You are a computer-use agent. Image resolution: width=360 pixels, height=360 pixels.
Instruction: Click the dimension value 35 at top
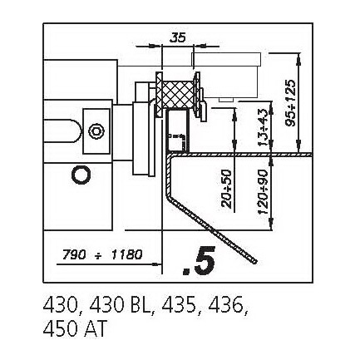(x=177, y=37)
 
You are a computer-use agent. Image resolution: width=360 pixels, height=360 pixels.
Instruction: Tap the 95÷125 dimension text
(x=290, y=103)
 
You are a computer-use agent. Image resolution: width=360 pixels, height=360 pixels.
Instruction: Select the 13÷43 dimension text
(x=263, y=127)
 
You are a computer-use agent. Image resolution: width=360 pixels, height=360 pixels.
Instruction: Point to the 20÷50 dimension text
(x=227, y=189)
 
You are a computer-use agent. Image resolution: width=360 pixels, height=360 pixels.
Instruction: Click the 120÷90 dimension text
(x=263, y=192)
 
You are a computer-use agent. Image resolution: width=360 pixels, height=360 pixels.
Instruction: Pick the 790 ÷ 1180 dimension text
(x=102, y=254)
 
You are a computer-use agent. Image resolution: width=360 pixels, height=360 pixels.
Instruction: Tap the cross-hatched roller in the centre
(x=178, y=95)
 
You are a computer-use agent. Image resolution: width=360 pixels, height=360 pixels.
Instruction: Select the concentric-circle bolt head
(x=96, y=131)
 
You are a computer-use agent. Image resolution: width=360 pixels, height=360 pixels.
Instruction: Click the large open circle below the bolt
(x=81, y=175)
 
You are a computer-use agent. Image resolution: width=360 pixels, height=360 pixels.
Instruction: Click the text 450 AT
(x=75, y=329)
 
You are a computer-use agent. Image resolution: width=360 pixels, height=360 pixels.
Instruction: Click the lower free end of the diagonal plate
(x=255, y=261)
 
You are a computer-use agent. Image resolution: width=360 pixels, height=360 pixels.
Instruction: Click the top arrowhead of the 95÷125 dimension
(x=298, y=58)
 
